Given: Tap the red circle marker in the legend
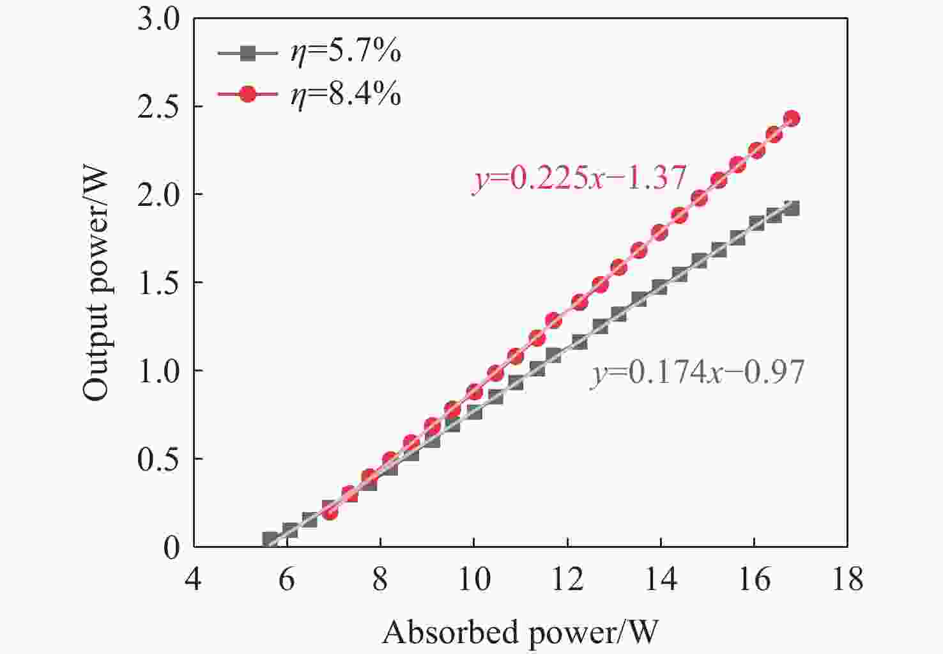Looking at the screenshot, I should [248, 95].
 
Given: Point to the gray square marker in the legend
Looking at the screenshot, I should [248, 53].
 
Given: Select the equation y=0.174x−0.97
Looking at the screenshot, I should [697, 372].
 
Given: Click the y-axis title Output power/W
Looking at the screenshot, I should [96, 283].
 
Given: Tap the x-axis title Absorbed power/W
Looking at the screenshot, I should [519, 632].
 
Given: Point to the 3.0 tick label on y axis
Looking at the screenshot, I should [159, 20].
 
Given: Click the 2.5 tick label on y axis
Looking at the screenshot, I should [159, 106].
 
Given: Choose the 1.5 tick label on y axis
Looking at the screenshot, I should [159, 283].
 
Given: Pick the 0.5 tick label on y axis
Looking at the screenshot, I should [159, 459].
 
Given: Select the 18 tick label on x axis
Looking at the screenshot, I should [847, 579].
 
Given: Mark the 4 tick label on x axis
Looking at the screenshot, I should [193, 579].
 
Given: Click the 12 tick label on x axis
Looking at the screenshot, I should [567, 579].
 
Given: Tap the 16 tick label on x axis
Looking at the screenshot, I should [754, 579].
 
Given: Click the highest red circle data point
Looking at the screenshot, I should [791, 118].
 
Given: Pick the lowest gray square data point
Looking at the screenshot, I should [270, 539].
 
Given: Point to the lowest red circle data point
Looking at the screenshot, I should [330, 511].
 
